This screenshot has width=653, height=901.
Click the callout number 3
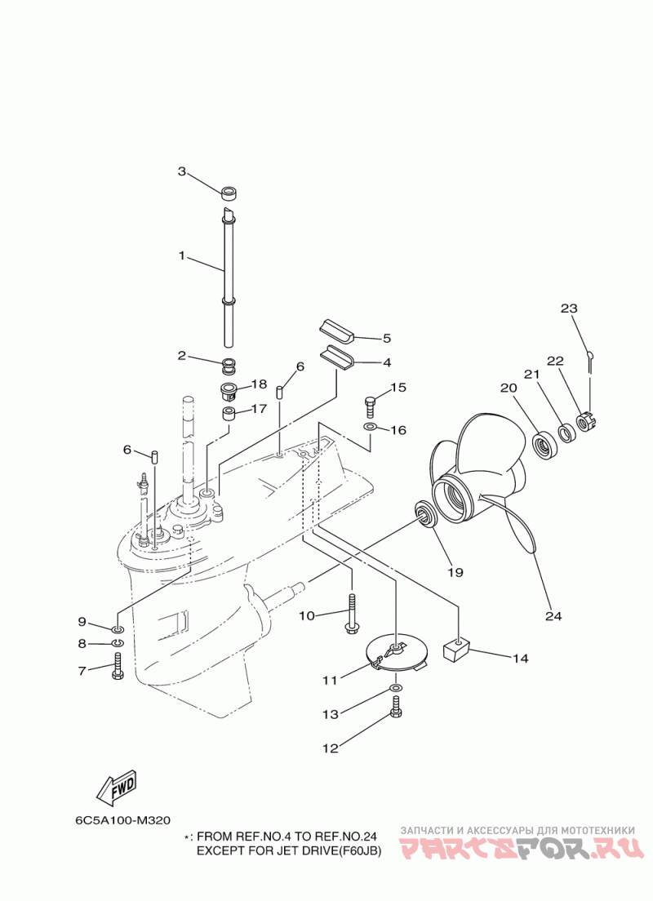182,171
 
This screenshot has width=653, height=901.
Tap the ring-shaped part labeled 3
230,192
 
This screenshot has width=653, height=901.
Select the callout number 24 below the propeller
553,616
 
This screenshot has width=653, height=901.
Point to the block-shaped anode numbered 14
456,650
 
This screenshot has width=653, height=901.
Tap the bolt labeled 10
352,614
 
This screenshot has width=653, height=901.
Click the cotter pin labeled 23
590,358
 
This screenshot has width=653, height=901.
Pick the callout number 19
455,572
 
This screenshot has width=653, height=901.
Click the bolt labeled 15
371,407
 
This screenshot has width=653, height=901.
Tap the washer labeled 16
370,428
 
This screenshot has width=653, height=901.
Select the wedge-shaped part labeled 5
336,333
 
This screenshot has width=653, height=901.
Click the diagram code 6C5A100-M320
123,820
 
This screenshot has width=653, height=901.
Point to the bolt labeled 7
118,667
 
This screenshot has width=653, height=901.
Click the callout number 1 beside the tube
182,255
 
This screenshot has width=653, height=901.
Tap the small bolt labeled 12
396,706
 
